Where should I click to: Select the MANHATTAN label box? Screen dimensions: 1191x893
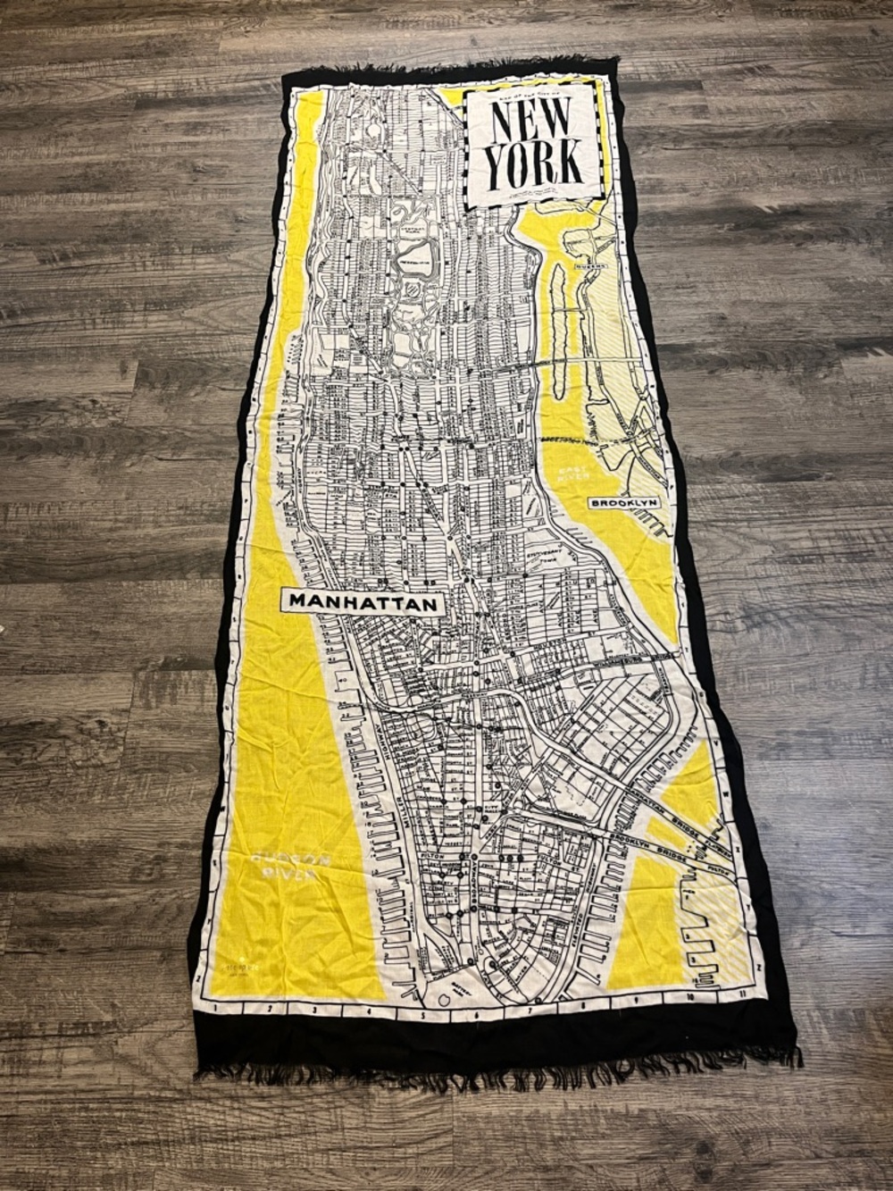363,603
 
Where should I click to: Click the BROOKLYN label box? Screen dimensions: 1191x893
624,504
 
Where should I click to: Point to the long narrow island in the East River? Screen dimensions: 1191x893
558,331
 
